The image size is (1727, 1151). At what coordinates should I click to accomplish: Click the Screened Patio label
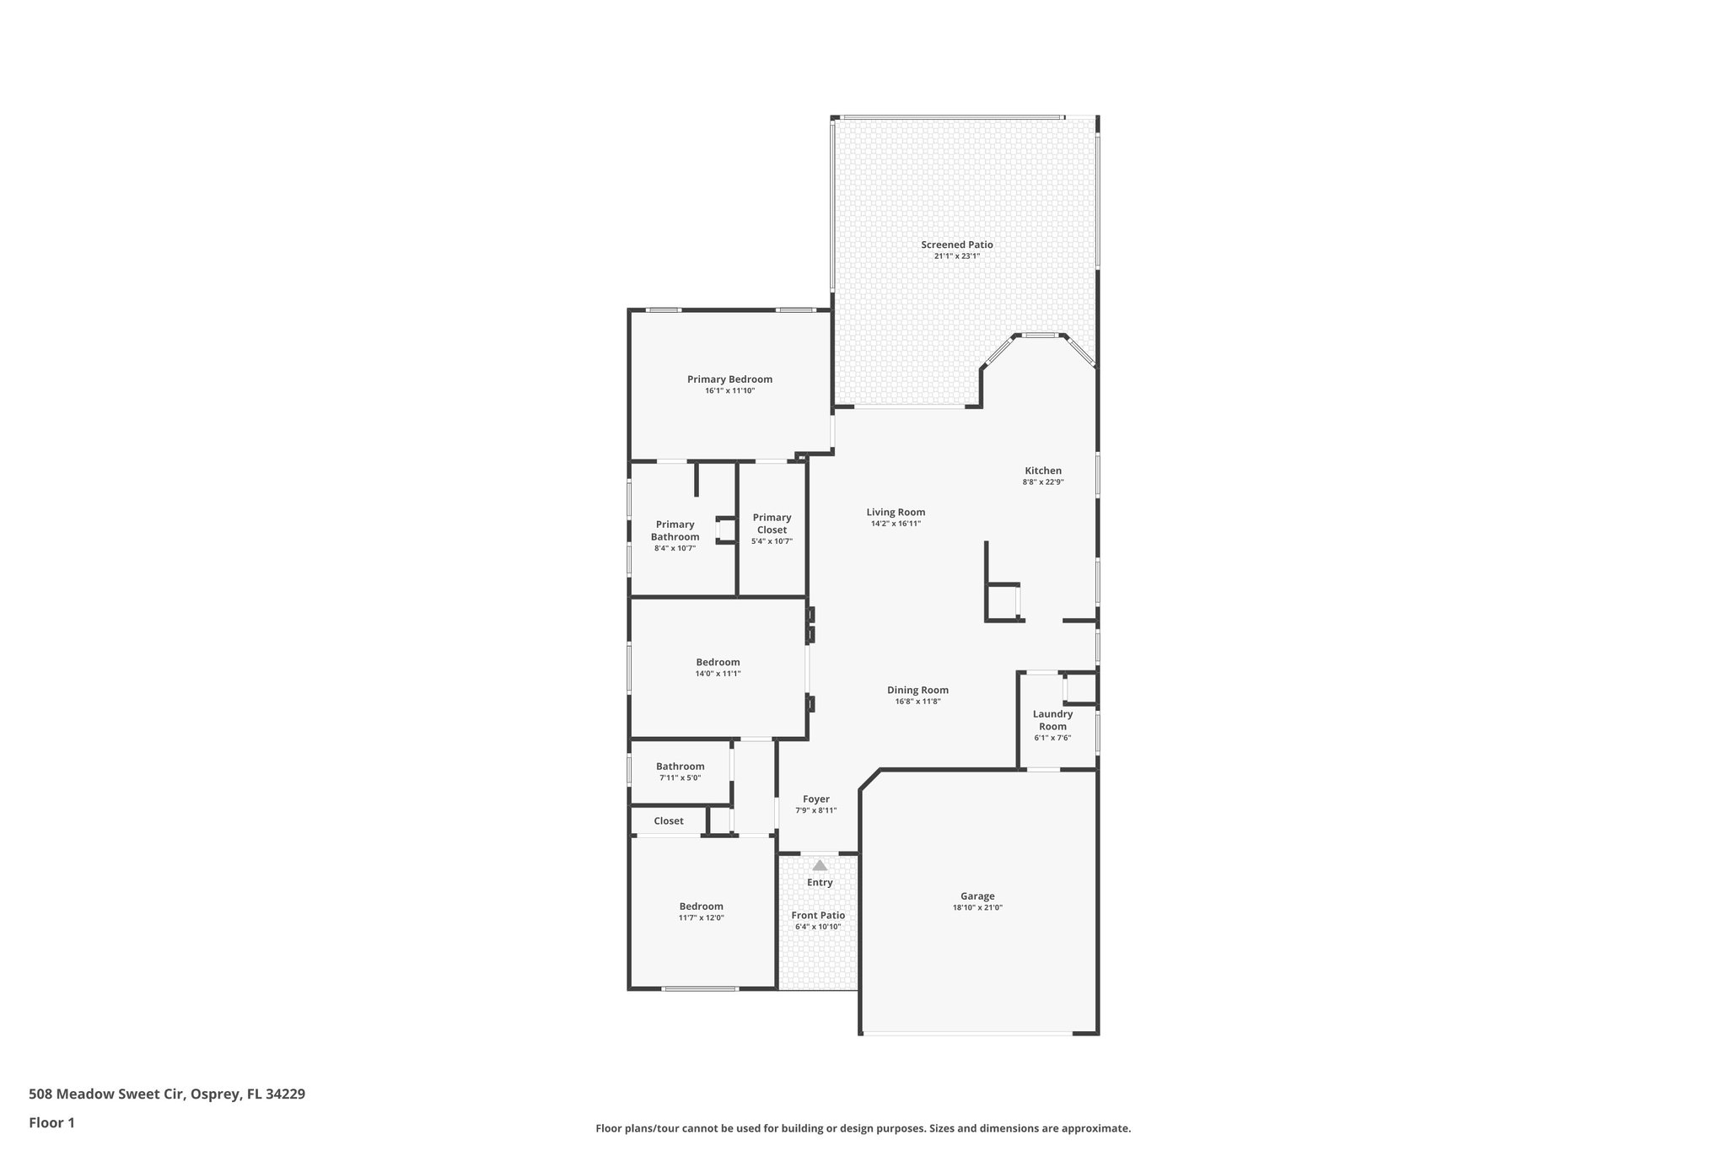[x=956, y=245]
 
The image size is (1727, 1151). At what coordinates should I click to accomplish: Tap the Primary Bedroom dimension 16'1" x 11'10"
[x=729, y=391]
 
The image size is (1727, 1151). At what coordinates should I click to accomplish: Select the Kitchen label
[x=1043, y=471]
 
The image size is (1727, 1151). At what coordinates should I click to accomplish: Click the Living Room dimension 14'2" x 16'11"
[x=896, y=524]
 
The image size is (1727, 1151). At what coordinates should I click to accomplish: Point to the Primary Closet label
[x=772, y=524]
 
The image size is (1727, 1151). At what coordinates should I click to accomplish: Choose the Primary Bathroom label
[x=675, y=530]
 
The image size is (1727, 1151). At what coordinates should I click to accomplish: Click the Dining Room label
[x=917, y=690]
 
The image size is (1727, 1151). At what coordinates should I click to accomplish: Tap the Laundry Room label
[x=1052, y=720]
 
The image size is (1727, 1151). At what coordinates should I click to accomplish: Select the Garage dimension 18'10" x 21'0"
[x=977, y=908]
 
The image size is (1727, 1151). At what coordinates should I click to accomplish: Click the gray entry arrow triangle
[x=820, y=865]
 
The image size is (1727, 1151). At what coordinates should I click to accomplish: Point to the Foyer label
[x=815, y=799]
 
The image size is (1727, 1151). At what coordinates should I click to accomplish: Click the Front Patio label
[x=818, y=915]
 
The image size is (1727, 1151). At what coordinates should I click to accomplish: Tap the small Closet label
[x=669, y=820]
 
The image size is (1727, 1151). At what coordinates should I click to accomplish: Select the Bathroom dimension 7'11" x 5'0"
[x=680, y=778]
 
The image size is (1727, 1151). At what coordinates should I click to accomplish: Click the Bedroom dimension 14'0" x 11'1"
[x=718, y=674]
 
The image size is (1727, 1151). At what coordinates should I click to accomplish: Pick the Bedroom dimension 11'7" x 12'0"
[x=701, y=918]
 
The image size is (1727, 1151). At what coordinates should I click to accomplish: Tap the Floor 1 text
[x=52, y=1123]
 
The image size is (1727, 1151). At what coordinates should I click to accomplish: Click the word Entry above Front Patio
[x=820, y=883]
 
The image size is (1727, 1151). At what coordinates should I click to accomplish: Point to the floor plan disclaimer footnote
[x=863, y=1128]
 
